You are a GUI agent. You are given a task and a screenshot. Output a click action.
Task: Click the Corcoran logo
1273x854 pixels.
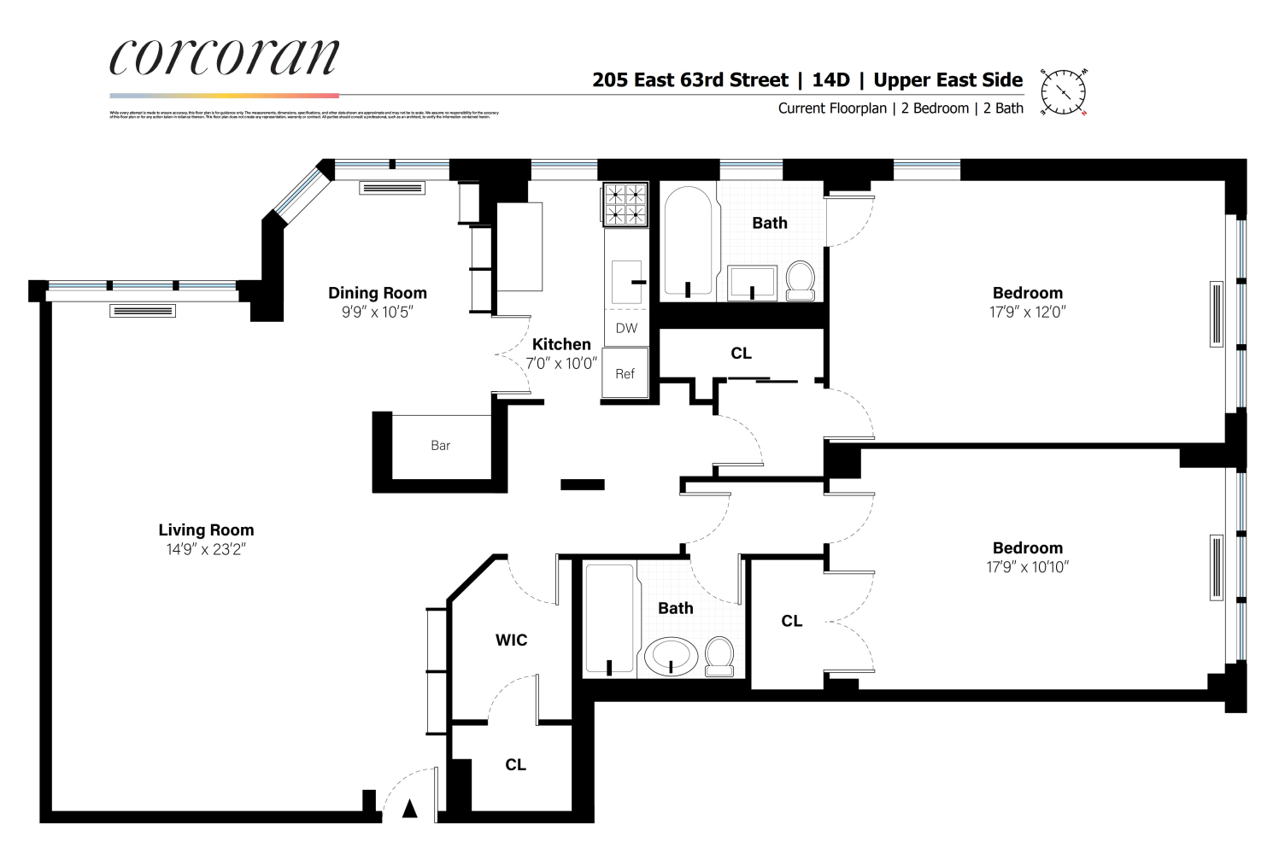[224, 58]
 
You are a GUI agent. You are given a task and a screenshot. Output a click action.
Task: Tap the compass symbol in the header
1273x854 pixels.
[1063, 91]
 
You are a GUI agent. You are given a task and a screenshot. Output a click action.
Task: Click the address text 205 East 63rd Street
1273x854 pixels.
[690, 80]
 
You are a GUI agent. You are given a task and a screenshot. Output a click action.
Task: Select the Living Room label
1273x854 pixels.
[206, 530]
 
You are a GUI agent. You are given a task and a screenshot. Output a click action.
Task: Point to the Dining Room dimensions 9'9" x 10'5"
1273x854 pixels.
[377, 313]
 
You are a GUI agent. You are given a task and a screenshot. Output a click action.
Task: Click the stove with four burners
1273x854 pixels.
[625, 205]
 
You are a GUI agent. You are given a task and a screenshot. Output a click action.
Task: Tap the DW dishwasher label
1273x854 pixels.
[626, 328]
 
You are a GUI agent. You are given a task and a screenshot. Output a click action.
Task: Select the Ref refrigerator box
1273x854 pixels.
[625, 373]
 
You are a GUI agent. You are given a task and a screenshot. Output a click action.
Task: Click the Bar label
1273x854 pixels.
[440, 446]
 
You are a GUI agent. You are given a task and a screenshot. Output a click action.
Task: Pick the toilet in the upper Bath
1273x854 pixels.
[801, 280]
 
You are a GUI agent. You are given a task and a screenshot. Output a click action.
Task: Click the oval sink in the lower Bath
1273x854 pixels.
[671, 657]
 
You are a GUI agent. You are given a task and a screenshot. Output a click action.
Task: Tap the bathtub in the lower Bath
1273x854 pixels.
[610, 618]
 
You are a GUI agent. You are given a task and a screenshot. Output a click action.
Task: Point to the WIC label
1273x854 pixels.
[511, 640]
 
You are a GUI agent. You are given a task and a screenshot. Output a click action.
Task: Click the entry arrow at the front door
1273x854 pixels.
[410, 808]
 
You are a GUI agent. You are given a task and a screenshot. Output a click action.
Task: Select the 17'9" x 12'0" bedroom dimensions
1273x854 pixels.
[1027, 313]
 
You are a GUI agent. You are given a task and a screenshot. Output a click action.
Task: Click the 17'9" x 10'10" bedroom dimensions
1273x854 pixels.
[1027, 567]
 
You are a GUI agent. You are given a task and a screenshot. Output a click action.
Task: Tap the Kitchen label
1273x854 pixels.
[561, 344]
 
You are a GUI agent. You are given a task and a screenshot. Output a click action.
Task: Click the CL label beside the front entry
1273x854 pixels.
[515, 765]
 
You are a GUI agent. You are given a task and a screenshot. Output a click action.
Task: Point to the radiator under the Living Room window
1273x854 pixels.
[143, 312]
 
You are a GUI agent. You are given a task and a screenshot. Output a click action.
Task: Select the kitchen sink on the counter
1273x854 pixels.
[626, 281]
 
